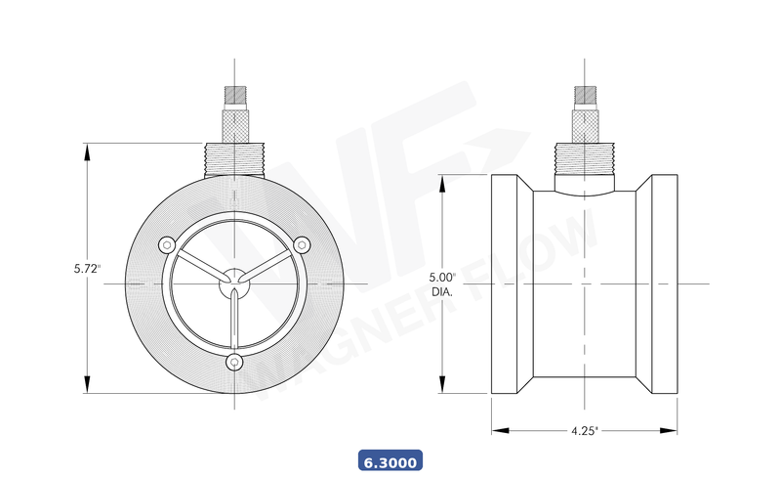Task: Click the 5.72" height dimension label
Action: (87, 268)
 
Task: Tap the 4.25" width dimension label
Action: (584, 429)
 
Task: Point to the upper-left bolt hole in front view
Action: (167, 244)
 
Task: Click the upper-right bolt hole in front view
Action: (302, 244)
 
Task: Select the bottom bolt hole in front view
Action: (234, 363)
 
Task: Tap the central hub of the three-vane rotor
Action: (234, 282)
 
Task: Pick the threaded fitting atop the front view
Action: (234, 159)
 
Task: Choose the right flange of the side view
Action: (664, 283)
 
